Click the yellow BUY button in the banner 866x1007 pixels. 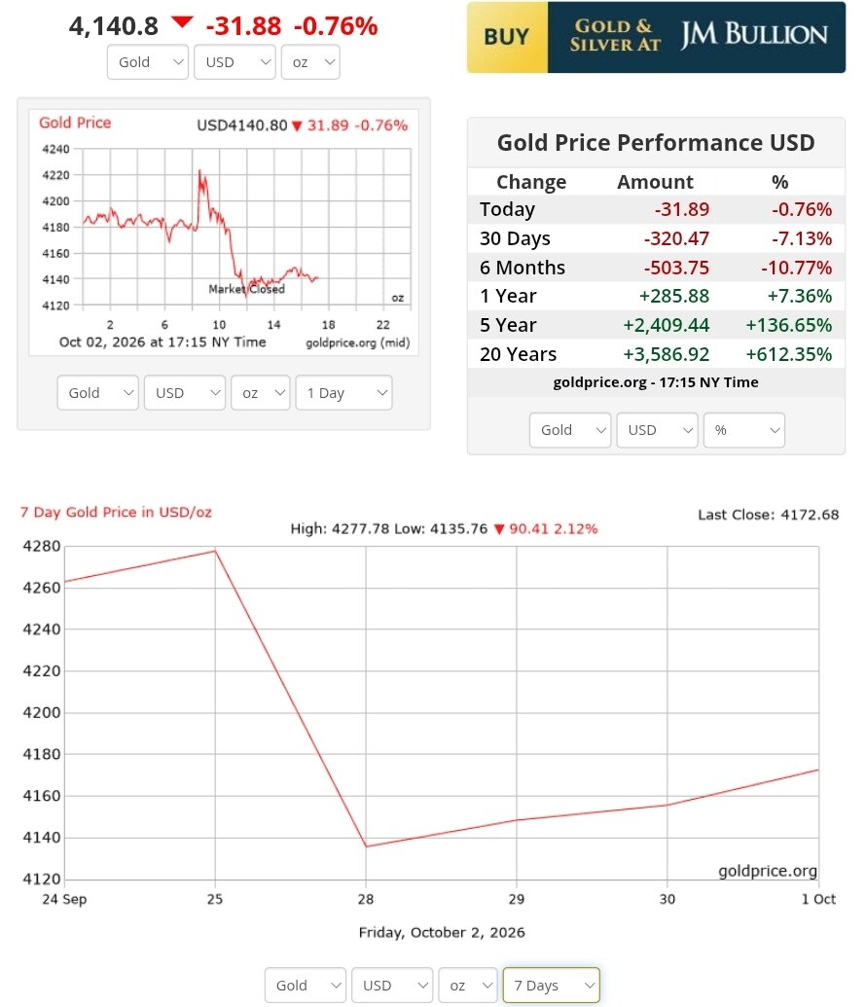click(x=507, y=37)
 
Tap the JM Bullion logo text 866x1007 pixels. click(x=754, y=34)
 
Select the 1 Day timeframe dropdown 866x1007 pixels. click(x=343, y=392)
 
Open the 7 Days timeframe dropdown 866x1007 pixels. click(x=551, y=986)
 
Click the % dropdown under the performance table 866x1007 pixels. click(x=744, y=430)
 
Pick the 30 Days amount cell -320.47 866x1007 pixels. click(x=676, y=238)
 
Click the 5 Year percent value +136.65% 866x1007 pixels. click(x=788, y=325)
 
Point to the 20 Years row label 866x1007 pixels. click(x=518, y=354)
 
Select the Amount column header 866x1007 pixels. click(x=655, y=182)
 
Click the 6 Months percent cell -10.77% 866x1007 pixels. click(x=797, y=268)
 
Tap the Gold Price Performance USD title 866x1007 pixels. click(x=656, y=143)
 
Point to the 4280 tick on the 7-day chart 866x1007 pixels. click(x=42, y=547)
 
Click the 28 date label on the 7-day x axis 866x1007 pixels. click(x=366, y=898)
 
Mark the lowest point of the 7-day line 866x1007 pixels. click(x=366, y=846)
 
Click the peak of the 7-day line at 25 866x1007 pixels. click(x=215, y=551)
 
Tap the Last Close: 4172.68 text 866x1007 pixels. click(x=769, y=515)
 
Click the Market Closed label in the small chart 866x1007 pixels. click(x=247, y=289)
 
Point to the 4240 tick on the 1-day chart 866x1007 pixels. click(x=55, y=149)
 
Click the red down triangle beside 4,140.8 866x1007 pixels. click(x=183, y=21)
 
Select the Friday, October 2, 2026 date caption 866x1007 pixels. click(x=442, y=932)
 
